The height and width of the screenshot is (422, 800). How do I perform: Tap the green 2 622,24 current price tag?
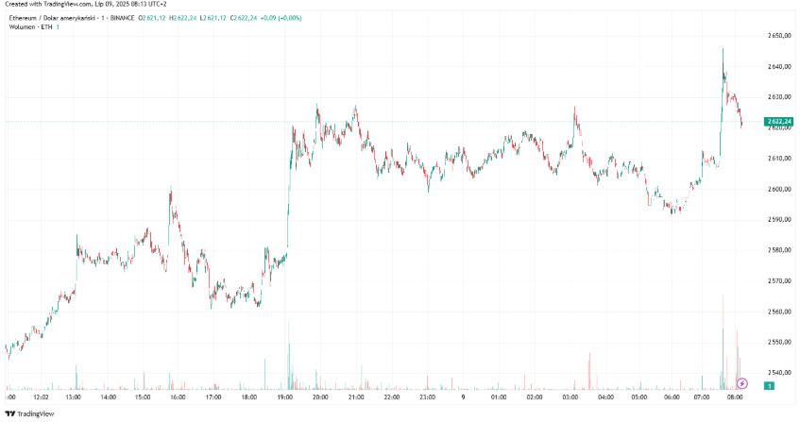[x=780, y=122]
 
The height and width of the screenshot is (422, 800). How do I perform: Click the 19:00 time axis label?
[x=285, y=397]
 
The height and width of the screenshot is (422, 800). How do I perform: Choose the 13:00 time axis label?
[x=73, y=397]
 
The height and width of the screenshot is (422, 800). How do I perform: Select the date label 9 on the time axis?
[x=462, y=397]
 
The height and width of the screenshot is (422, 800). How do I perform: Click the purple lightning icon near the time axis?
[x=741, y=383]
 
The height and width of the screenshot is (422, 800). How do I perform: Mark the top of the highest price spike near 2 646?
[x=723, y=49]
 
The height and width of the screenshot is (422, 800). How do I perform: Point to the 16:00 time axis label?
[x=179, y=397]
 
